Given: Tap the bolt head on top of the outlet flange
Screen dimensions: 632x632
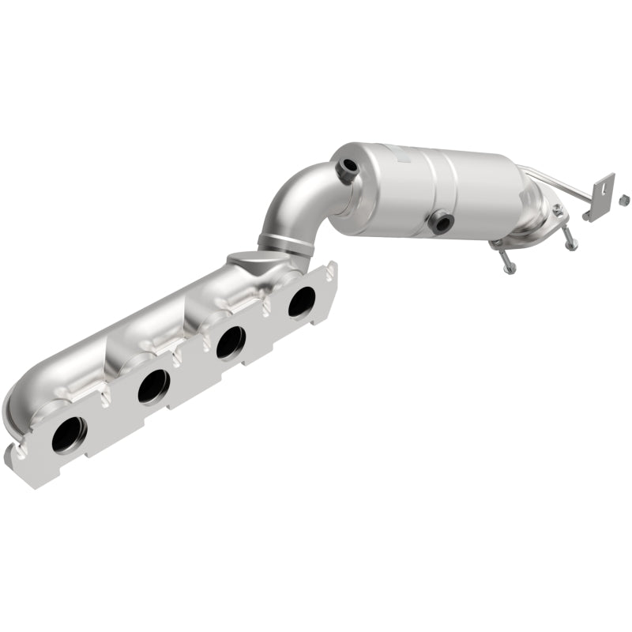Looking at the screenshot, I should (x=558, y=209).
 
